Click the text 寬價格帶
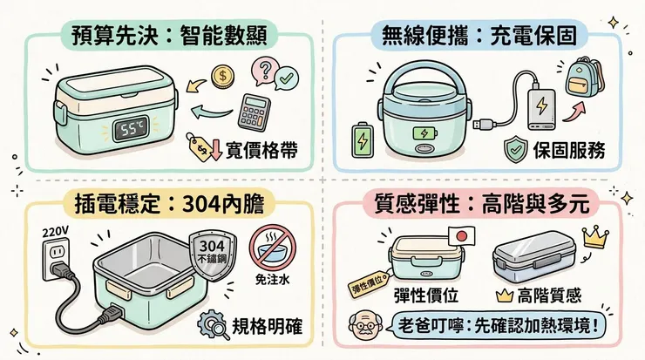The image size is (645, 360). point(261,150)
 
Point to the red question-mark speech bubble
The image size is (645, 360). point(262,70)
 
